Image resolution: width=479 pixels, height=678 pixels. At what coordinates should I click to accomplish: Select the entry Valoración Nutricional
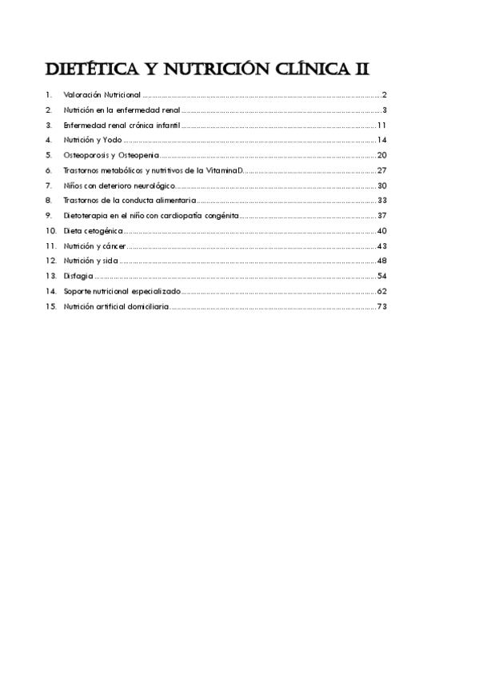pos(102,95)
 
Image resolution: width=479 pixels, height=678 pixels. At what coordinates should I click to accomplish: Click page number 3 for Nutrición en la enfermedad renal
pos(385,110)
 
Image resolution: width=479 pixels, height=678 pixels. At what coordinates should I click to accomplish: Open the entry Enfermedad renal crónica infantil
pos(122,126)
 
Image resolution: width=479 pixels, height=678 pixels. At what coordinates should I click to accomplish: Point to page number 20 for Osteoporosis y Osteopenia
pos(381,155)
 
